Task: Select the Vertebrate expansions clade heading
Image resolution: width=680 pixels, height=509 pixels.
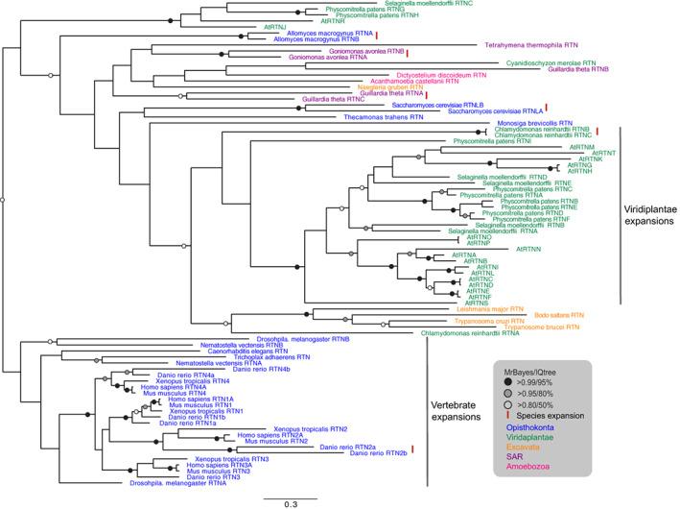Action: tap(455, 420)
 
